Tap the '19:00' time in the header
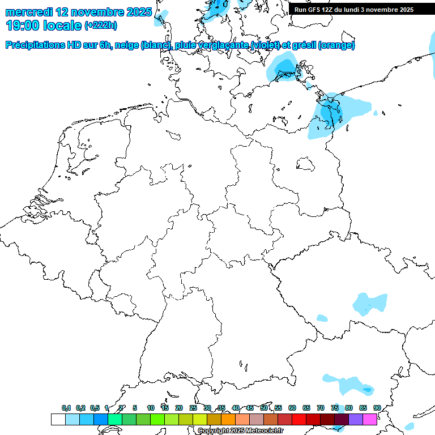click(22, 25)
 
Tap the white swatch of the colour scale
click(58, 419)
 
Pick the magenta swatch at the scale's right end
click(370, 419)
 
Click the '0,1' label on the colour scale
click(66, 408)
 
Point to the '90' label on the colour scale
click(377, 408)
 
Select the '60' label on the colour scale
click(292, 408)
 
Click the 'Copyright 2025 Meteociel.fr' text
click(240, 431)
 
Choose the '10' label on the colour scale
click(151, 408)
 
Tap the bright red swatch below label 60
click(299, 419)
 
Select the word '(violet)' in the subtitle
click(267, 45)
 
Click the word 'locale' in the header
click(62, 25)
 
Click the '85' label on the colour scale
click(363, 408)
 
